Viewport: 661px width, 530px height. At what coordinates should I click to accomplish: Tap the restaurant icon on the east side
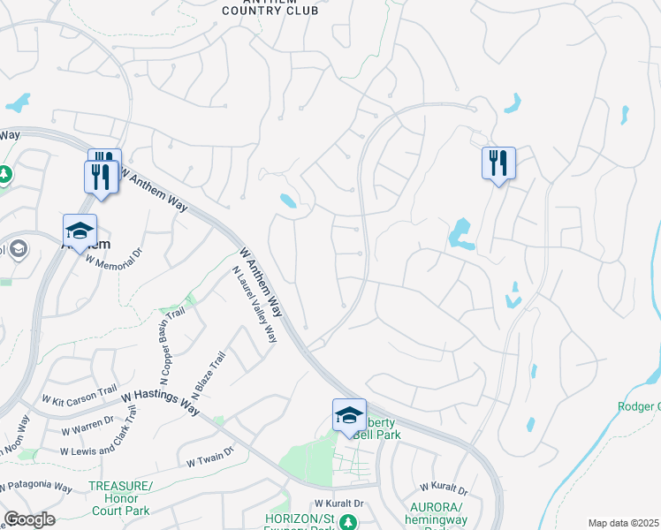(498, 163)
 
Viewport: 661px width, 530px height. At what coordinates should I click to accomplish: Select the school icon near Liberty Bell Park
(349, 414)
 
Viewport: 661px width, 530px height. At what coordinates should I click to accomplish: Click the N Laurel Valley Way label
(255, 307)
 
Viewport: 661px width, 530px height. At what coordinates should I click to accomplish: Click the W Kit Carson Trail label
(80, 393)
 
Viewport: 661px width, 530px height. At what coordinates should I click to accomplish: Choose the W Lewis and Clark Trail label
(99, 439)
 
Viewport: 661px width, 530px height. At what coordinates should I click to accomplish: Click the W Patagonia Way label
(36, 487)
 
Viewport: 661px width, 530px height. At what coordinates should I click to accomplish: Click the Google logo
(29, 519)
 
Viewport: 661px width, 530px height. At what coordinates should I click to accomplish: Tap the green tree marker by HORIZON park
(349, 522)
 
